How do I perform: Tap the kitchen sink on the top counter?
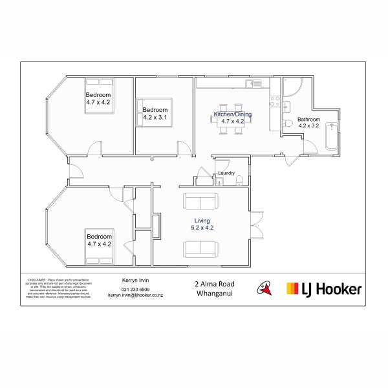257,83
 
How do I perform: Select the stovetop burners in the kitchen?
274,102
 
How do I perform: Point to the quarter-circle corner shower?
290,87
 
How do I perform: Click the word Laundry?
226,173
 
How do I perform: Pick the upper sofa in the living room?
201,201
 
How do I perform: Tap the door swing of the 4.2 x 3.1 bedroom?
186,148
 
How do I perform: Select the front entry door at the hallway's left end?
74,171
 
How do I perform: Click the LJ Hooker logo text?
323,289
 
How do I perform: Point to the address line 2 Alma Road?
214,283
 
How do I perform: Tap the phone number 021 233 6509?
136,289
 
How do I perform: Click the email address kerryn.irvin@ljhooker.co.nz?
136,295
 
